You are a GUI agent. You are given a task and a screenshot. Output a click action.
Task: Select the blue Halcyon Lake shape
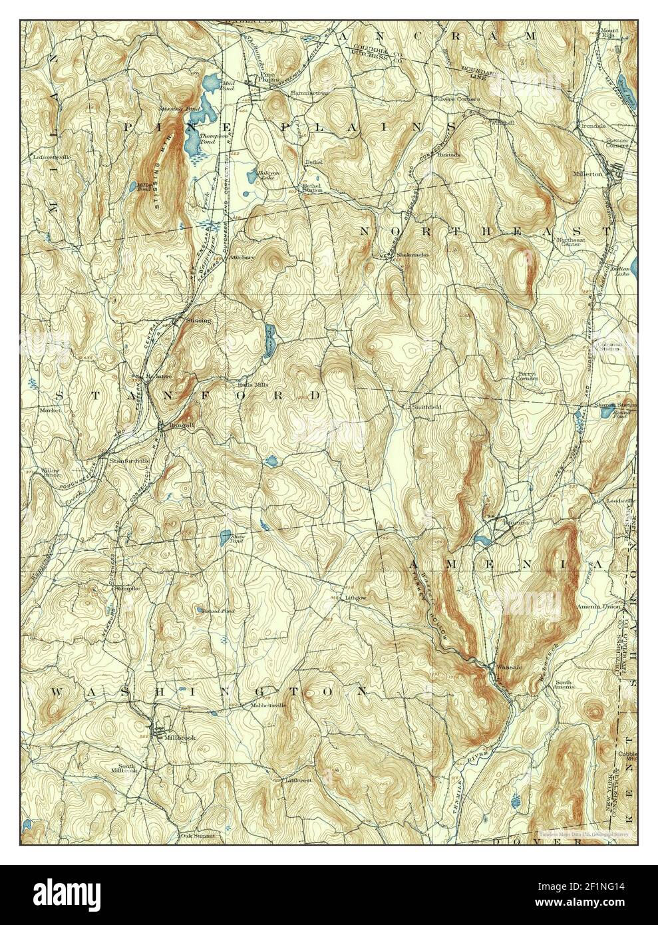coord(265,176)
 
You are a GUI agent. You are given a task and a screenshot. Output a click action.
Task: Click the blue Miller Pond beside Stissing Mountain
coord(144,189)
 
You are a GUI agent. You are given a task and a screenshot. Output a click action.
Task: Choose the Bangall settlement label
coord(175,424)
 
